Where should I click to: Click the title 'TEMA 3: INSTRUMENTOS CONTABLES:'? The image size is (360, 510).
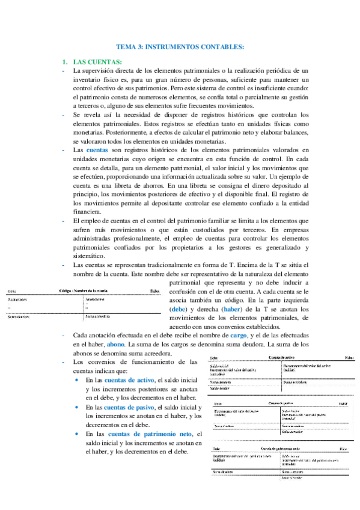[x=180, y=46]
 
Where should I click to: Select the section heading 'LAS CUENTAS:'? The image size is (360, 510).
[x=97, y=62]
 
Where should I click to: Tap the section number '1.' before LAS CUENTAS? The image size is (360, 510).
[x=66, y=62]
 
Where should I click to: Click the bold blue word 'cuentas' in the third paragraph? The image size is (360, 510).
[x=97, y=149]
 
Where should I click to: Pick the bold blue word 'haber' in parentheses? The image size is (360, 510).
[x=232, y=309]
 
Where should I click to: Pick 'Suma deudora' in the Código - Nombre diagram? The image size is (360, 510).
[x=19, y=315]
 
